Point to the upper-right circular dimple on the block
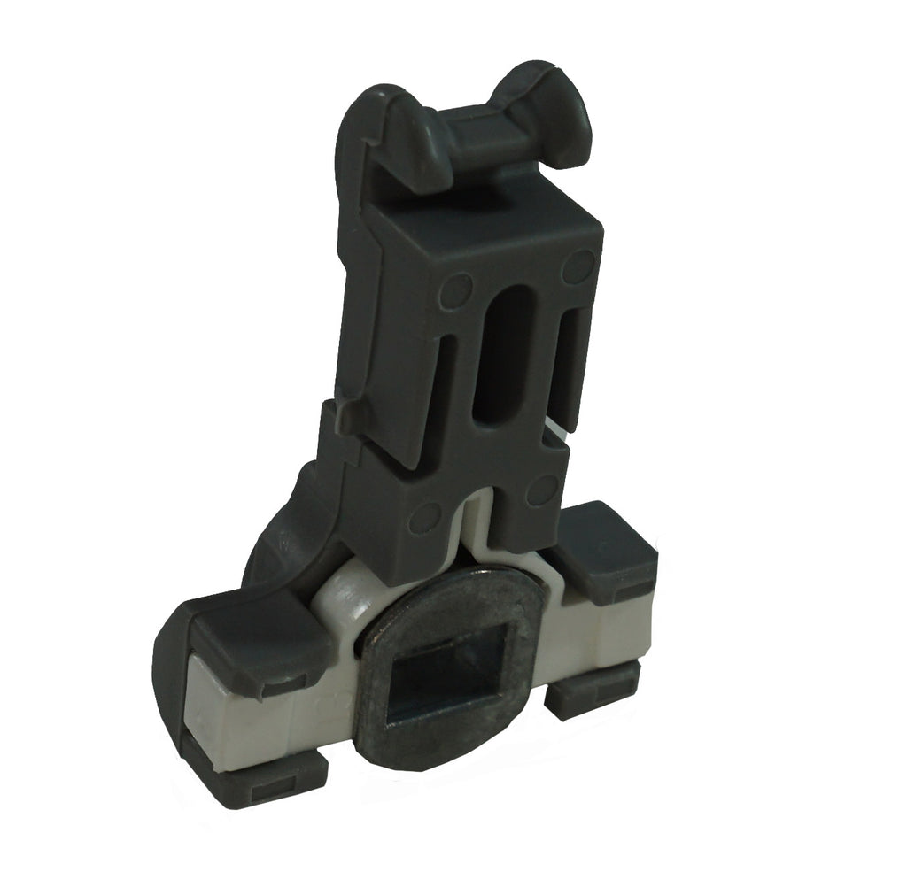pos(580,262)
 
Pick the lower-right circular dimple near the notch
pos(542,490)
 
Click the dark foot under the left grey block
pos(266,779)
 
